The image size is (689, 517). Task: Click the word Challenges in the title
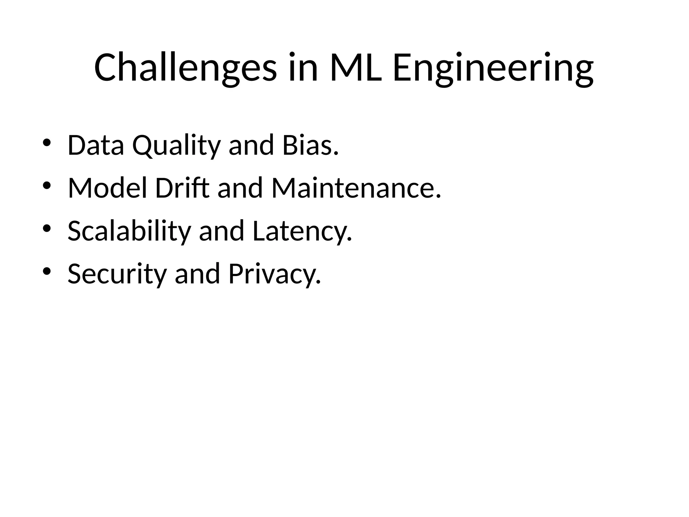click(185, 68)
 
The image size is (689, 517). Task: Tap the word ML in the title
click(356, 68)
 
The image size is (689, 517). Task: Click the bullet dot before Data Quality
click(47, 143)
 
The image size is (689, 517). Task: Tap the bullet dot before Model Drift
click(47, 185)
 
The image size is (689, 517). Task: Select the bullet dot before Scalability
click(47, 229)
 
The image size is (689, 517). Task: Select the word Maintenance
click(356, 188)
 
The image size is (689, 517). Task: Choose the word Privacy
click(275, 274)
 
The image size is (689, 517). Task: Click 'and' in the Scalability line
click(222, 231)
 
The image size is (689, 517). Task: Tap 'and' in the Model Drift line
click(240, 188)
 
